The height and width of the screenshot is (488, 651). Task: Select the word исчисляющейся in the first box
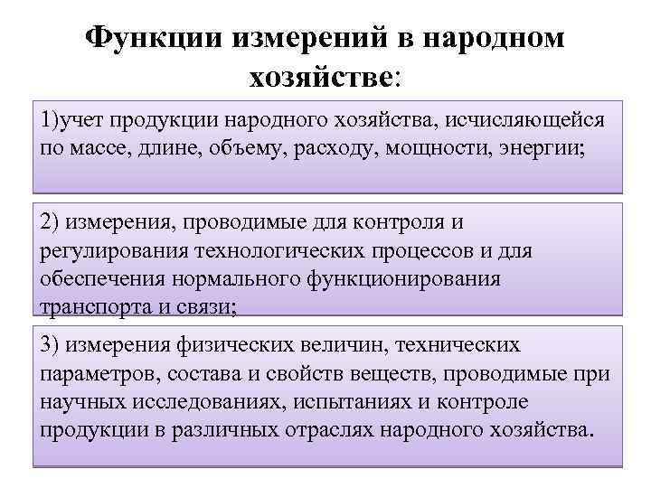[x=529, y=119]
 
